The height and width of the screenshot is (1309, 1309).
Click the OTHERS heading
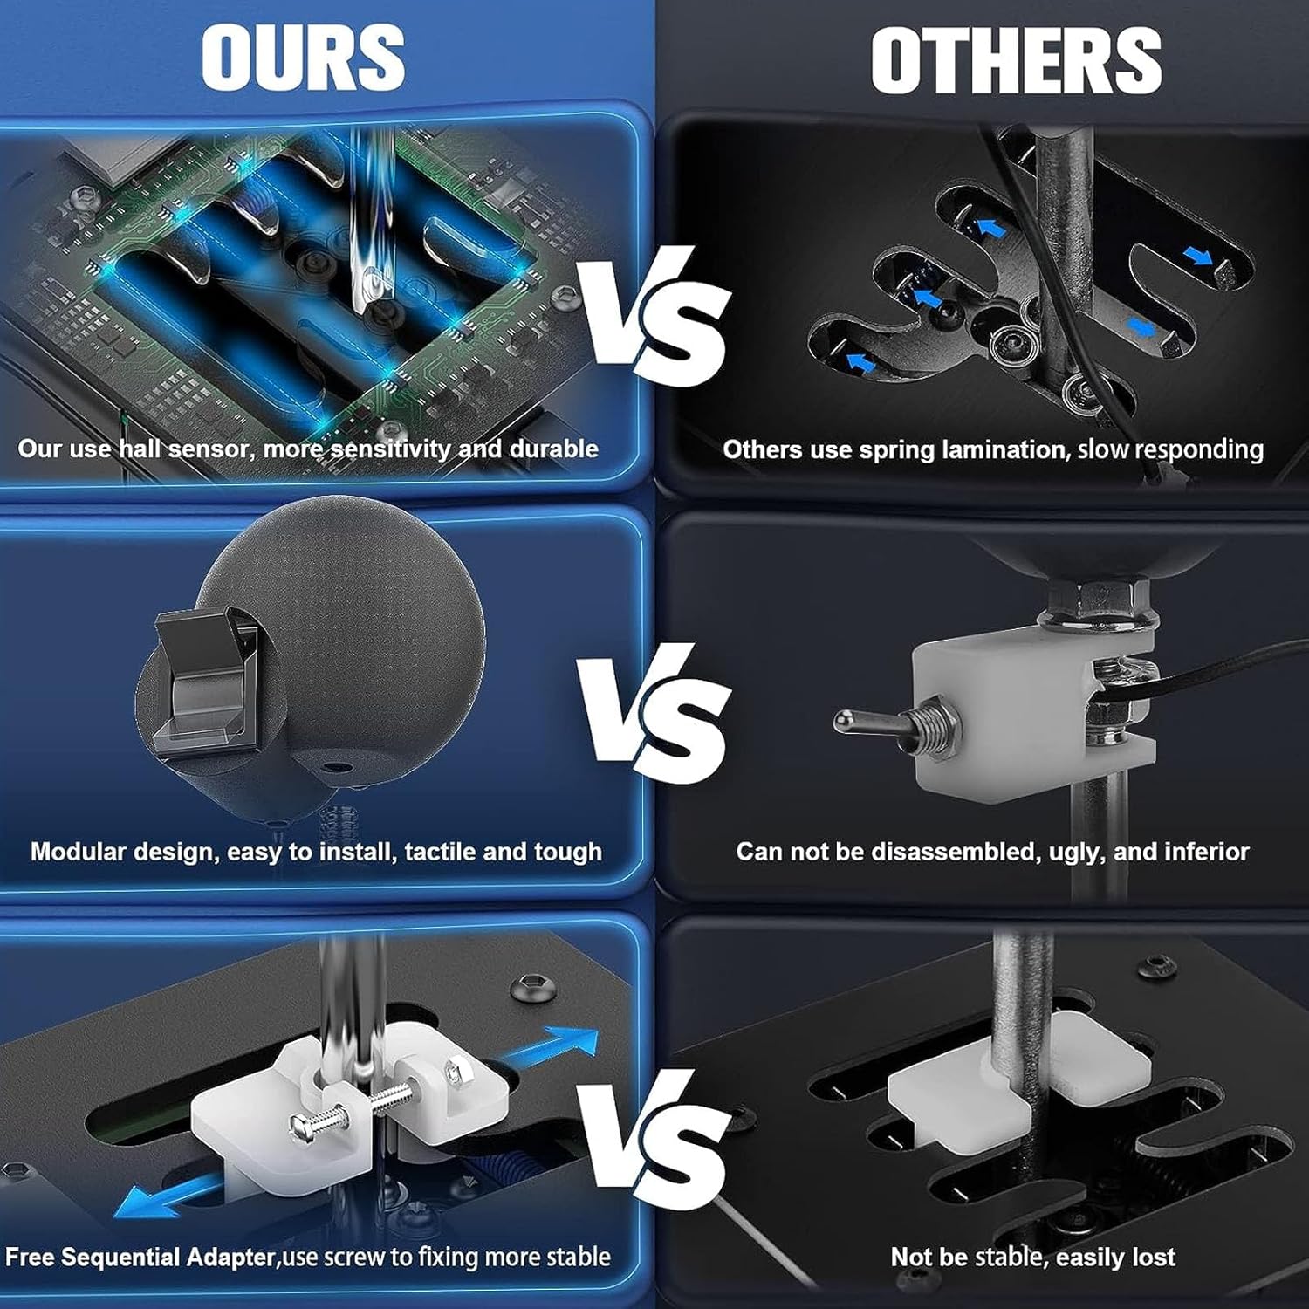click(x=1017, y=59)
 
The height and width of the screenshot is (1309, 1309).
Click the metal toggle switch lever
click(x=881, y=723)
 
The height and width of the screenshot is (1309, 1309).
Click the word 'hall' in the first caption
click(x=139, y=449)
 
